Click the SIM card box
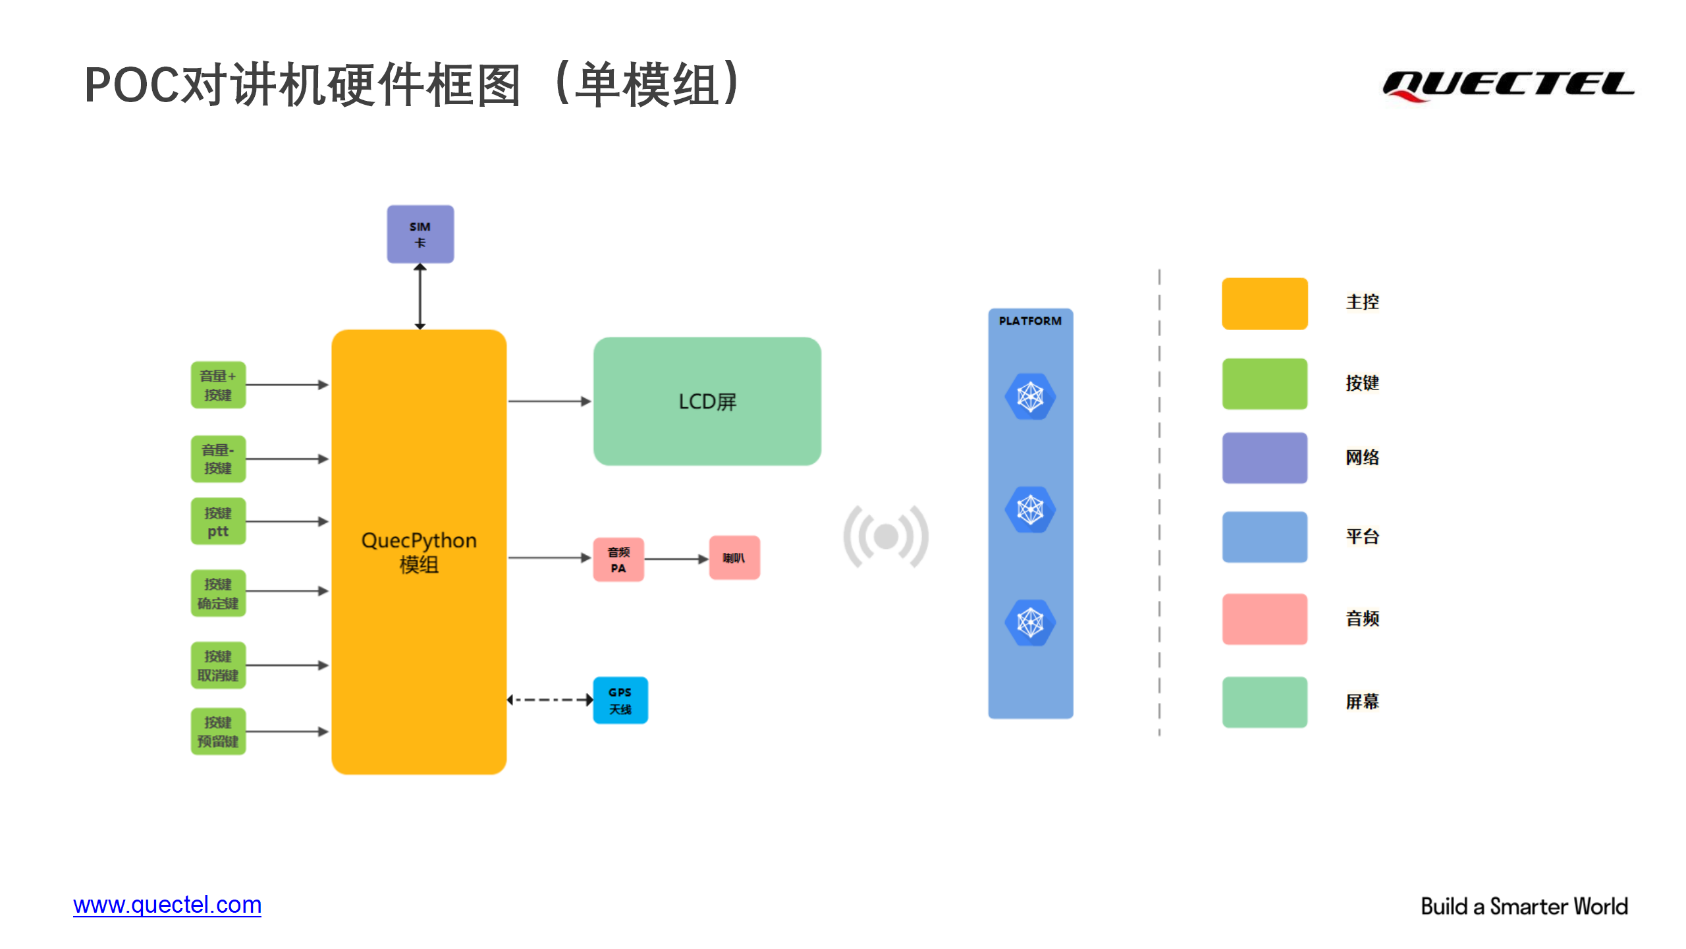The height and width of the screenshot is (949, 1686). pos(420,234)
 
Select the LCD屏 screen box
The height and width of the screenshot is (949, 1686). pos(707,401)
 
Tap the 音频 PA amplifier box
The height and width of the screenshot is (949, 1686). pos(618,560)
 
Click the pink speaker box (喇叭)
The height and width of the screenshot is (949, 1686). pos(734,558)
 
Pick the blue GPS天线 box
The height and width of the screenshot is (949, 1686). pos(620,701)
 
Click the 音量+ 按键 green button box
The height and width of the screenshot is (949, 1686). pos(218,385)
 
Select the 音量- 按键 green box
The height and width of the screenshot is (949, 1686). pos(218,459)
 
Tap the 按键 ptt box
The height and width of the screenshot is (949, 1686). pos(218,521)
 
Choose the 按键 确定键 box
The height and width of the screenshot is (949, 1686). pos(218,593)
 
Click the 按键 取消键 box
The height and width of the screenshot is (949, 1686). pos(218,665)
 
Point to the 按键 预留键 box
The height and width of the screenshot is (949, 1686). pos(218,732)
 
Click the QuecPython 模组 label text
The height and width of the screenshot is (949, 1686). pos(419,552)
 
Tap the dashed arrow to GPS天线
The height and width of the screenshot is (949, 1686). pos(550,700)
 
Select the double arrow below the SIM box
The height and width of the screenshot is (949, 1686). pos(420,297)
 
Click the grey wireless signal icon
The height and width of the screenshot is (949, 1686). pos(886,536)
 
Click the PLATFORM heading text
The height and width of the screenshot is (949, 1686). pos(1030,321)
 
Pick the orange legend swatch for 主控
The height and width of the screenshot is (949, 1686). pos(1264,304)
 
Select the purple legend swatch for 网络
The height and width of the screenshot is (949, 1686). pos(1264,458)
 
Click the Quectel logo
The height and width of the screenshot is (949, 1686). pos(1508,86)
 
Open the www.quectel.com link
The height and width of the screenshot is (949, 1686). pos(167,905)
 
